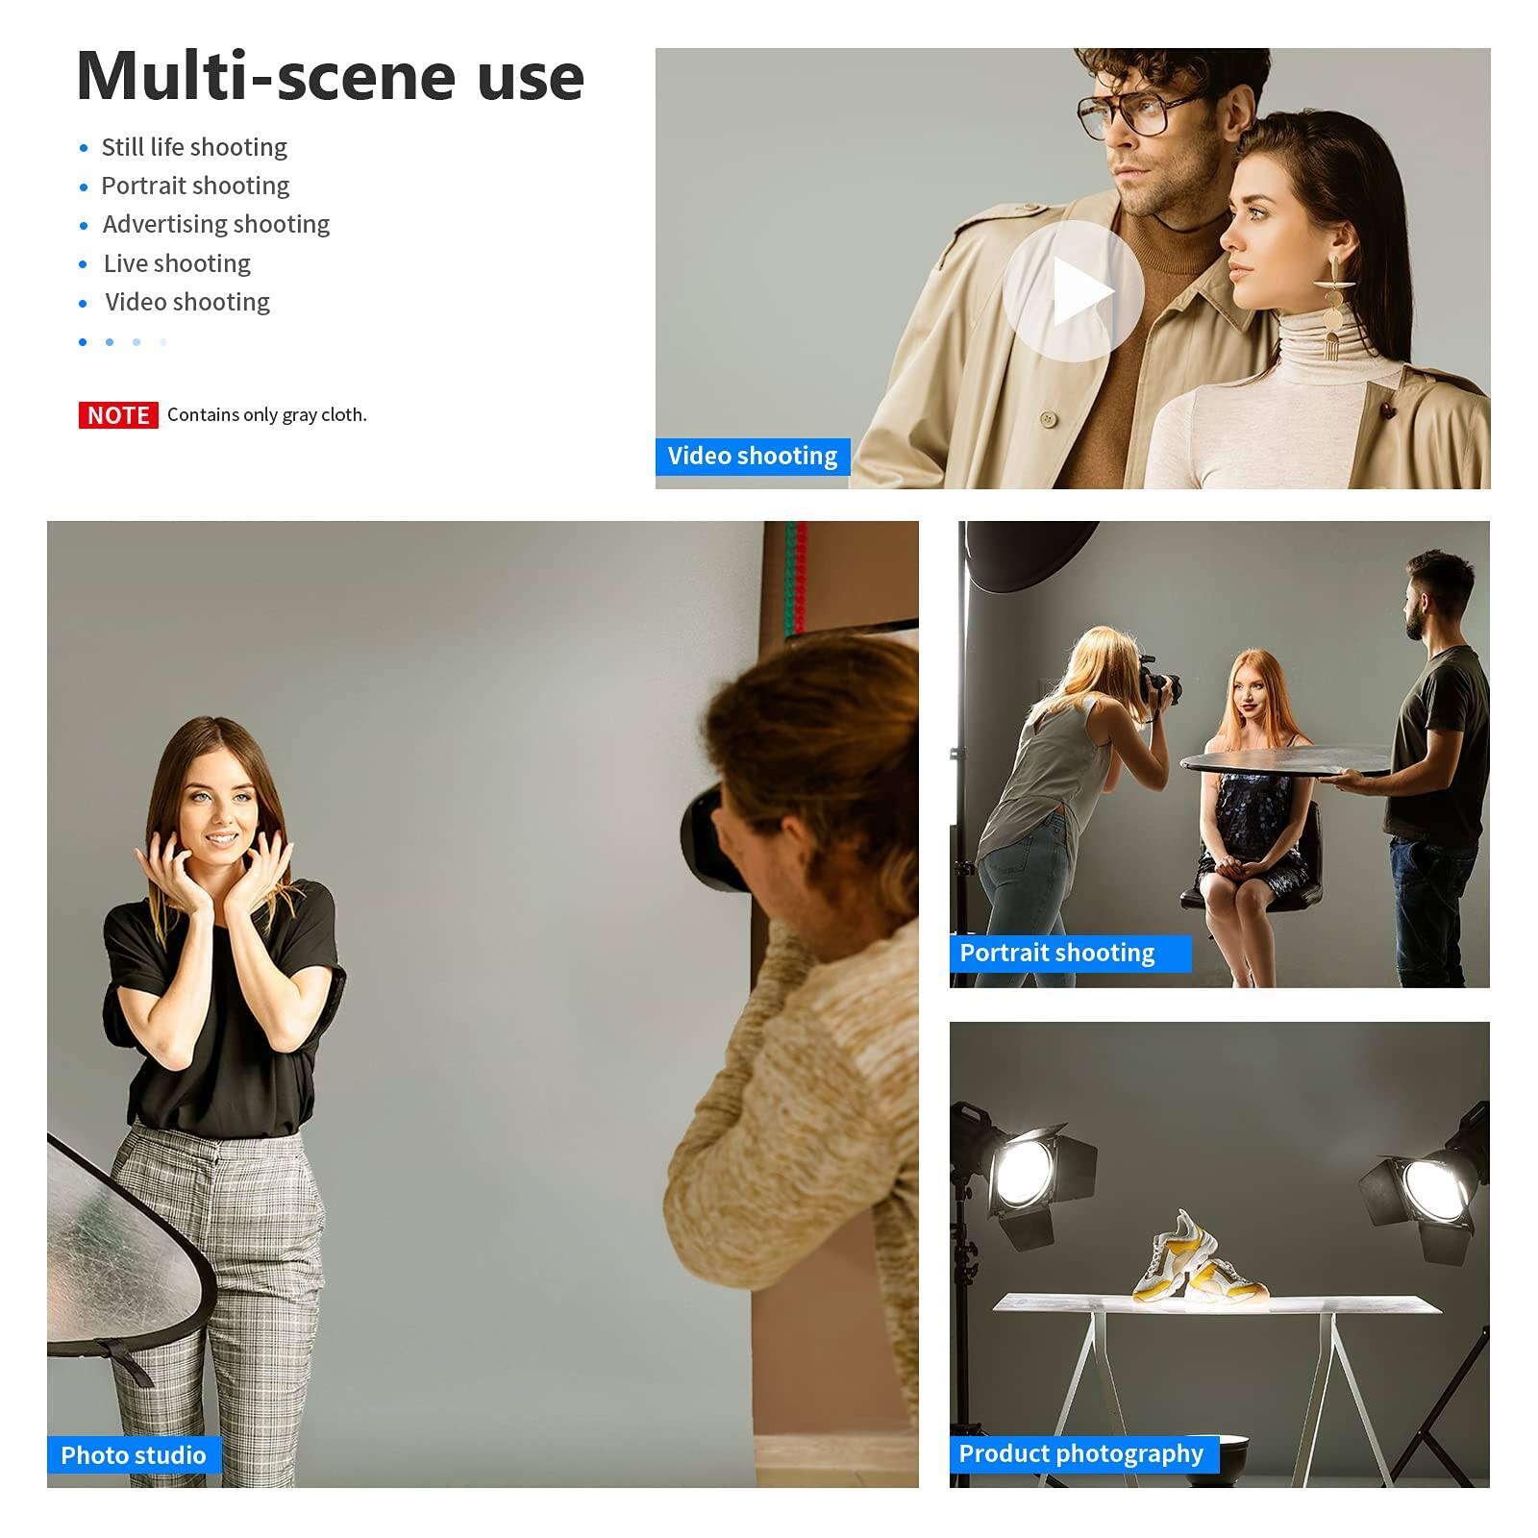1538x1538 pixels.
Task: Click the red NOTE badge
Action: (118, 415)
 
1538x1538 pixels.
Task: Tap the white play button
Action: (1073, 291)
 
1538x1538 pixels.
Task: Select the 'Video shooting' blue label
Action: (752, 456)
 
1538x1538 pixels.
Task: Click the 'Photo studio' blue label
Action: (133, 1454)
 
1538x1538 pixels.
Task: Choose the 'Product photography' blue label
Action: (1081, 1452)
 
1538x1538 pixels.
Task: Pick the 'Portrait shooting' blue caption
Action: (1057, 953)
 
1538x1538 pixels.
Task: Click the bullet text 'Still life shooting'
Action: (194, 147)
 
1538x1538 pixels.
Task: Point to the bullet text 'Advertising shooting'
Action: (216, 224)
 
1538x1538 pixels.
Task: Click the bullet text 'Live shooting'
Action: (177, 263)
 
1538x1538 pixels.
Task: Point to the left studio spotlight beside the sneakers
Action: (1024, 1173)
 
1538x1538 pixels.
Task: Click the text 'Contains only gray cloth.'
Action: (266, 415)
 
